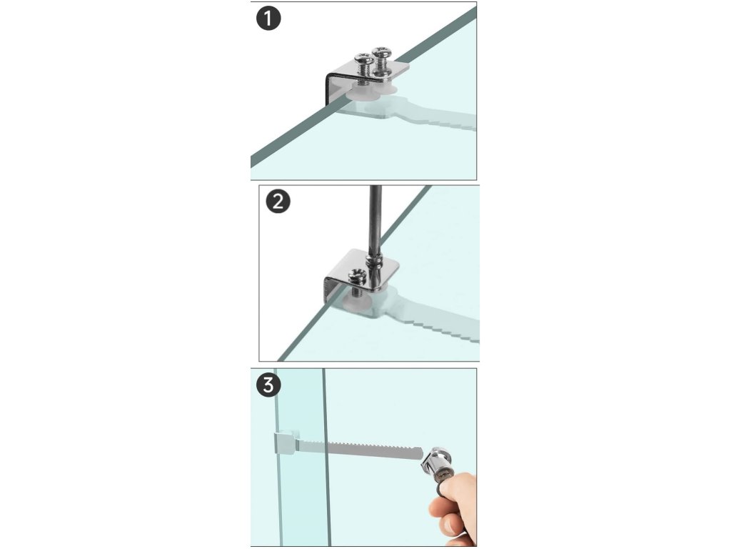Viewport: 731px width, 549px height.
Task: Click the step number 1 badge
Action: [268, 19]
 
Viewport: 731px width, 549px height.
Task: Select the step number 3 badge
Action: [268, 385]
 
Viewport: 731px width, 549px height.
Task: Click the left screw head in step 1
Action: [364, 59]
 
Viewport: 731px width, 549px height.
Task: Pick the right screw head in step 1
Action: [381, 51]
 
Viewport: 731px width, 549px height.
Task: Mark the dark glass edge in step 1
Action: [363, 86]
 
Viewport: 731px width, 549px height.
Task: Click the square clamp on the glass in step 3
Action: [285, 442]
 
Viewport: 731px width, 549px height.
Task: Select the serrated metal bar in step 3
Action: [359, 449]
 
